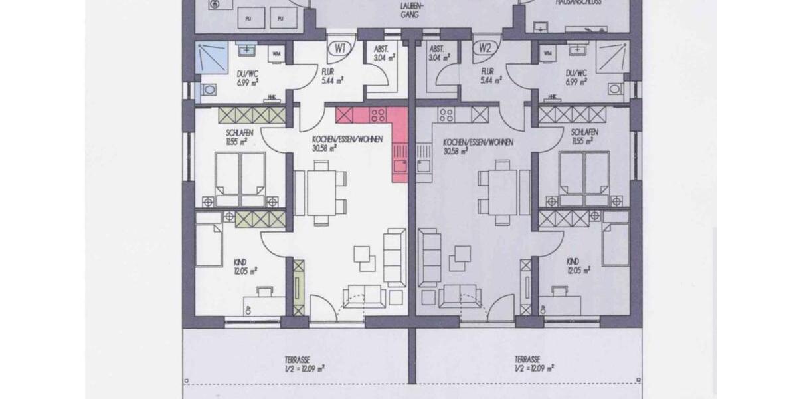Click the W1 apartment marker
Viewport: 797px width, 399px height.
click(x=341, y=49)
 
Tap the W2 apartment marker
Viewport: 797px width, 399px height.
click(x=486, y=49)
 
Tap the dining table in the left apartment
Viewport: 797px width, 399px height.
click(x=321, y=192)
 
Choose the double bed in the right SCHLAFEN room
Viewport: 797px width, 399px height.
click(x=584, y=178)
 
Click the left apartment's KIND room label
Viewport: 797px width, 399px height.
click(x=240, y=261)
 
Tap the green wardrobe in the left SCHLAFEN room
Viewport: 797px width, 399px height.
click(x=252, y=115)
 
